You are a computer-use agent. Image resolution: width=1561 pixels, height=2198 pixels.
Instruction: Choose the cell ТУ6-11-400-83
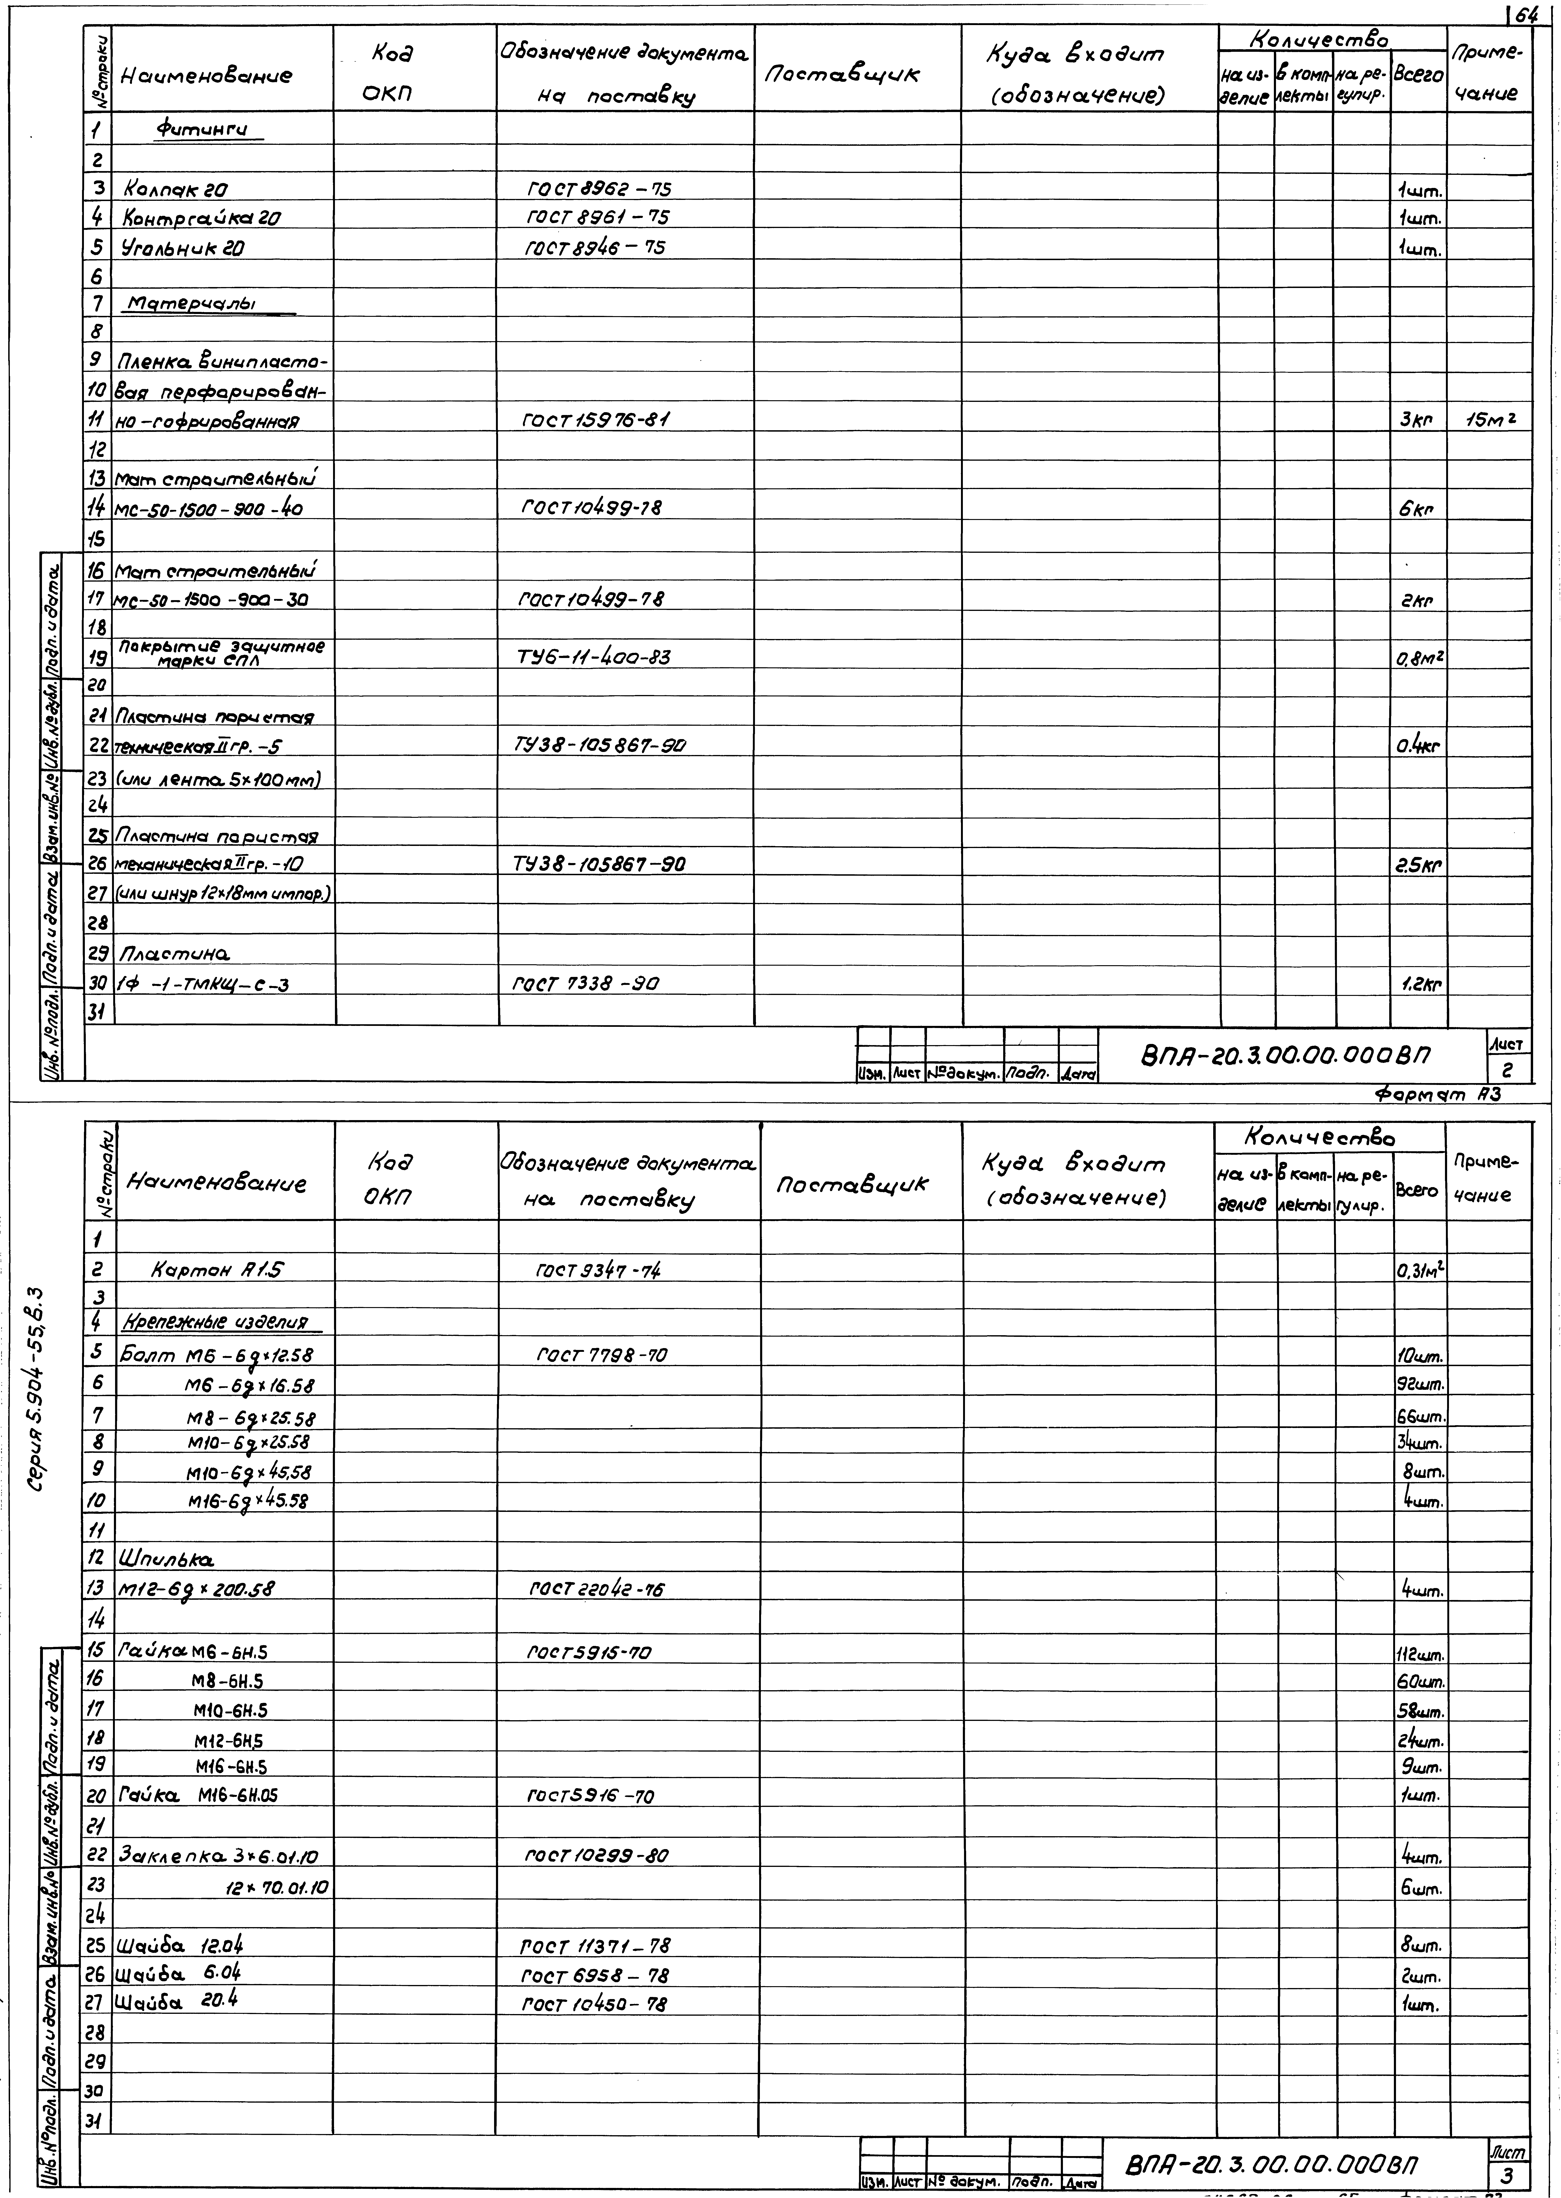coord(593,657)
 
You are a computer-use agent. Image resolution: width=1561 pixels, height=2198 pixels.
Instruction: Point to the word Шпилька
coord(165,1558)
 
